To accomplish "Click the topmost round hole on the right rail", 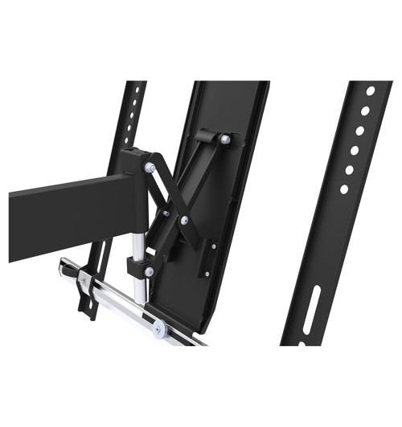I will pos(370,91).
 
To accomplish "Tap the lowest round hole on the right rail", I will pos(343,189).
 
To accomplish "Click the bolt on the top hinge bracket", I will pos(224,140).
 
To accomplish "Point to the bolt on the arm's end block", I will pos(150,167).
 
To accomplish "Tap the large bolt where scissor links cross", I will pos(186,219).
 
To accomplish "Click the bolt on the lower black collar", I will pos(149,271).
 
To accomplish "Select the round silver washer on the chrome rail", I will pos(159,327).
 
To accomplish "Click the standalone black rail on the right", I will pos(334,225).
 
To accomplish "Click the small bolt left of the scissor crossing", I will pos(165,212).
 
